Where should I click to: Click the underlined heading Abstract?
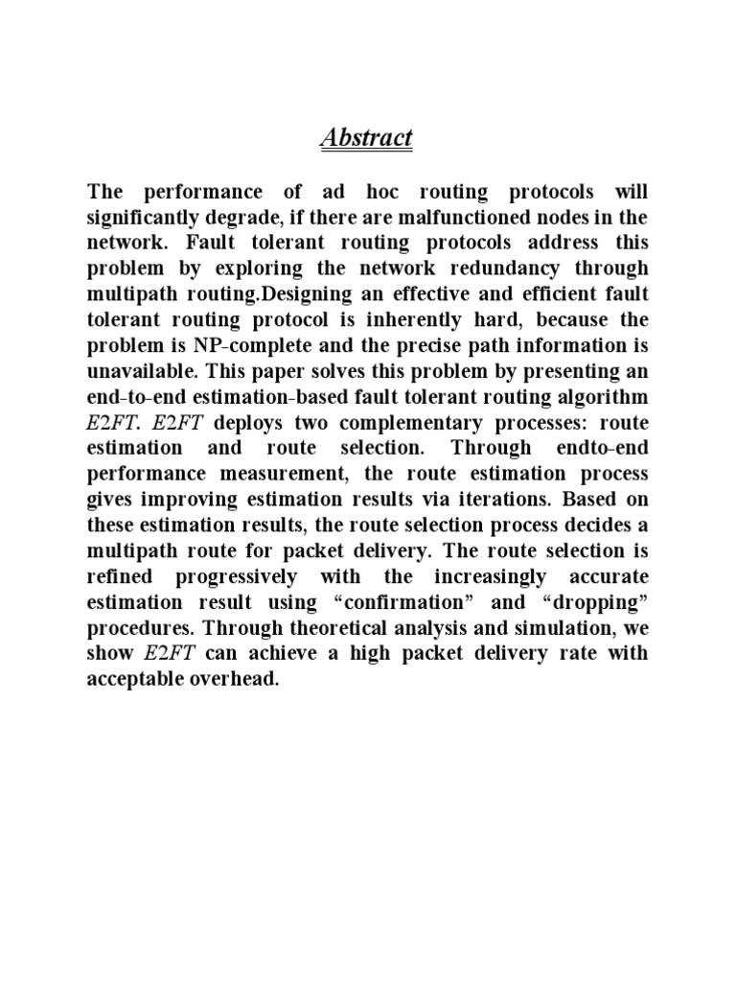tap(366, 138)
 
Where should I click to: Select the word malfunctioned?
tap(484, 216)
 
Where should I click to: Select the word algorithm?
tap(594, 397)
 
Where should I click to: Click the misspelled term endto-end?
tap(600, 449)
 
